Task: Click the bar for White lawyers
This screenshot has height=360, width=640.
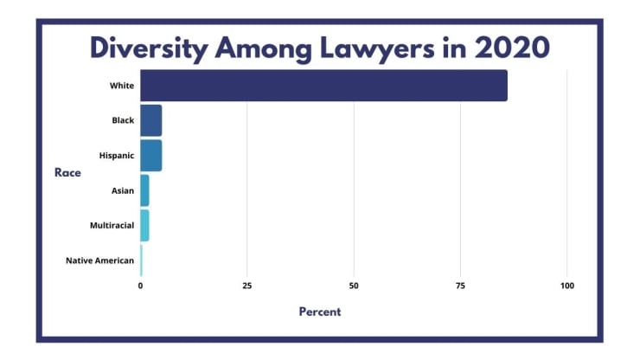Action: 323,86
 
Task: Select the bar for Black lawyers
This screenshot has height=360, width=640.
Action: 150,120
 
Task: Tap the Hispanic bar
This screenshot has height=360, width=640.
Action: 150,156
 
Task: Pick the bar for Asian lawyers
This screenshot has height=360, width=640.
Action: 144,190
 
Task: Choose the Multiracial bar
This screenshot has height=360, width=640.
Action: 144,225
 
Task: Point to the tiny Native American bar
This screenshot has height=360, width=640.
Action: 141,260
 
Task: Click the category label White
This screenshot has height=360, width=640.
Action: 121,86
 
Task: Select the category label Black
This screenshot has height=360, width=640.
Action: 123,120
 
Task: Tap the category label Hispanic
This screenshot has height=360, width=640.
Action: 117,156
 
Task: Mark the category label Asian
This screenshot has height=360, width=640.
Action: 123,190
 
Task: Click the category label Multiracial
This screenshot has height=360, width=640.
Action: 112,225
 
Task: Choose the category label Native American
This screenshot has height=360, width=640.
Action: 99,260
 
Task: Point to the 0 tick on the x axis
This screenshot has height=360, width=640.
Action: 140,286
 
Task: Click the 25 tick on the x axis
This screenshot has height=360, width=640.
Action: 247,286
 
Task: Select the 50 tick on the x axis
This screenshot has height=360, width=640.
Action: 354,286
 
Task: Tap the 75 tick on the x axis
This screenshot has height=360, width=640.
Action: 460,286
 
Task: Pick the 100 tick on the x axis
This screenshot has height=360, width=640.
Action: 567,286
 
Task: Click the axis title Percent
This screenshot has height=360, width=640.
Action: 320,312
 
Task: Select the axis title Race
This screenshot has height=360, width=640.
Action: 67,173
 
